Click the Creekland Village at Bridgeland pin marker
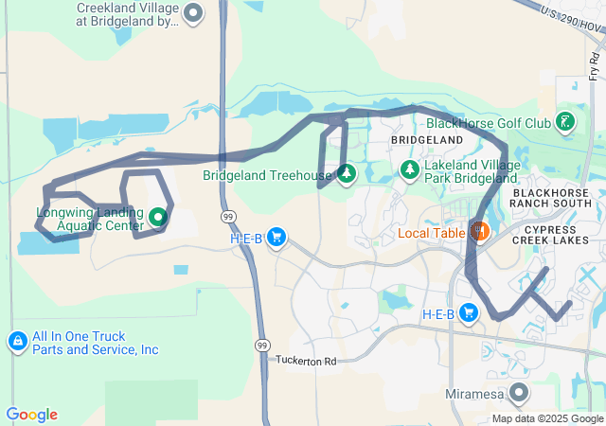pyautogui.click(x=193, y=13)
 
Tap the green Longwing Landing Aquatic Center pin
pyautogui.click(x=158, y=217)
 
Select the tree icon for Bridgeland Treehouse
pyautogui.click(x=346, y=174)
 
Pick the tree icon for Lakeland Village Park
pyautogui.click(x=410, y=169)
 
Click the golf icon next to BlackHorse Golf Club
pyautogui.click(x=565, y=121)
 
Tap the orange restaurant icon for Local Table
pyautogui.click(x=479, y=232)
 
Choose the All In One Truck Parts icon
pyautogui.click(x=17, y=341)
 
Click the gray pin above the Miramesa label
pyautogui.click(x=518, y=392)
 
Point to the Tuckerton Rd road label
pyautogui.click(x=307, y=361)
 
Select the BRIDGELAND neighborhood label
pyautogui.click(x=427, y=140)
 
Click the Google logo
pyautogui.click(x=31, y=415)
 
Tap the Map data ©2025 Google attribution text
pyautogui.click(x=546, y=419)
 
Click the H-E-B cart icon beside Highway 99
pyautogui.click(x=276, y=237)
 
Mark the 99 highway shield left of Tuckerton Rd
pyautogui.click(x=260, y=346)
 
